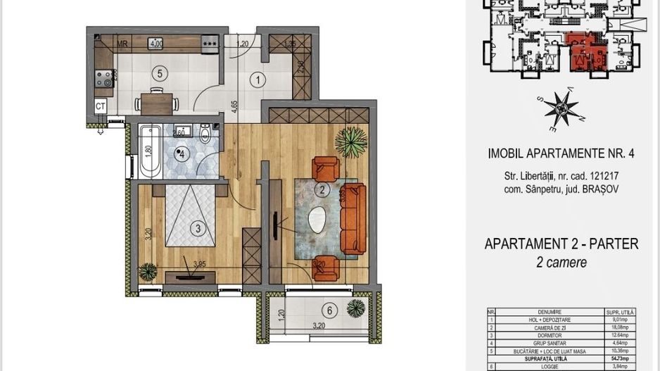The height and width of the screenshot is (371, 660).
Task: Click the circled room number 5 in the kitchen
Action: (x=160, y=73)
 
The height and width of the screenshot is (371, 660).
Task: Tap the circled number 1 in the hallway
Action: (x=259, y=80)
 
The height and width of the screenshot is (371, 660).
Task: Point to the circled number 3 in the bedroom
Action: (x=199, y=227)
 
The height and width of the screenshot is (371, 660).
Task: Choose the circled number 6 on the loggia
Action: (x=329, y=310)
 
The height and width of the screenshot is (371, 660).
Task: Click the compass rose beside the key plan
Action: (x=561, y=109)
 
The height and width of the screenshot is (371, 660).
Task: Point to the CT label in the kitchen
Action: (x=101, y=106)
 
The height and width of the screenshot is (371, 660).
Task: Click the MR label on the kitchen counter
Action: (x=122, y=44)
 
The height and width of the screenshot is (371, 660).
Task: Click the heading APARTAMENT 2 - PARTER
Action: (x=561, y=244)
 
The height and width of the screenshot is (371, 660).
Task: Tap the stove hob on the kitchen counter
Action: (x=104, y=76)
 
